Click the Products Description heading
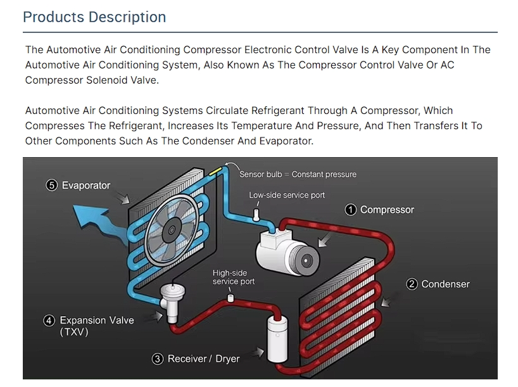pyautogui.click(x=94, y=17)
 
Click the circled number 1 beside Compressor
pyautogui.click(x=351, y=210)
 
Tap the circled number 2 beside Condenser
pyautogui.click(x=412, y=284)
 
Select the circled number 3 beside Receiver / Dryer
pyautogui.click(x=158, y=358)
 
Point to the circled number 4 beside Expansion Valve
pyautogui.click(x=49, y=320)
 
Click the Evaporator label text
pyautogui.click(x=86, y=186)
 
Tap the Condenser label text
pyautogui.click(x=446, y=284)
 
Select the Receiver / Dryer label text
pyautogui.click(x=203, y=358)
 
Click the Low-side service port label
pyautogui.click(x=286, y=195)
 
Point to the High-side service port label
pyautogui.click(x=234, y=277)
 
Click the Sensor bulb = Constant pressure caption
pyautogui.click(x=298, y=174)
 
